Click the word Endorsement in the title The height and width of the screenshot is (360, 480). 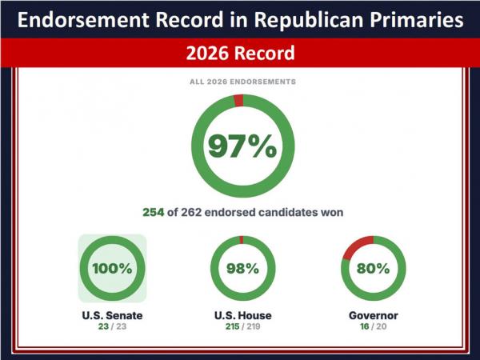pos(83,20)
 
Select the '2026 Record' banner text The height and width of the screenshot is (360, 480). pos(240,53)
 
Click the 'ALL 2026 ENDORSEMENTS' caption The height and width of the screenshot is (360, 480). pos(242,82)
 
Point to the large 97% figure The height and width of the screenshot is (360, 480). pos(242,146)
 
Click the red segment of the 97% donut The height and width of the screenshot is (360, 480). pos(238,101)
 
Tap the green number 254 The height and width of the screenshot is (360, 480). pos(154,212)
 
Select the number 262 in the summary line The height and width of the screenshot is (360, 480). pos(191,212)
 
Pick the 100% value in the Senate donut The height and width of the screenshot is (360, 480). pos(112,269)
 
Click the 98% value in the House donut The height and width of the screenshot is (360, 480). pos(242,269)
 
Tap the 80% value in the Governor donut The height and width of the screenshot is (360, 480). pos(373,269)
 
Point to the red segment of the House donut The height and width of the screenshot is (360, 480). pos(242,240)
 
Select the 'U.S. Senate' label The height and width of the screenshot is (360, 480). pos(112,315)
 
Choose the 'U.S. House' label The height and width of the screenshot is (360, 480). pos(242,315)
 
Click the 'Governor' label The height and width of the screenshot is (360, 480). pos(373,315)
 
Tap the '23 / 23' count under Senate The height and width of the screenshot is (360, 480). pos(112,326)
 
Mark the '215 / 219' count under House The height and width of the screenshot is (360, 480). pos(242,326)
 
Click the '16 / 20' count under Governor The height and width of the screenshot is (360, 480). pos(373,326)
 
